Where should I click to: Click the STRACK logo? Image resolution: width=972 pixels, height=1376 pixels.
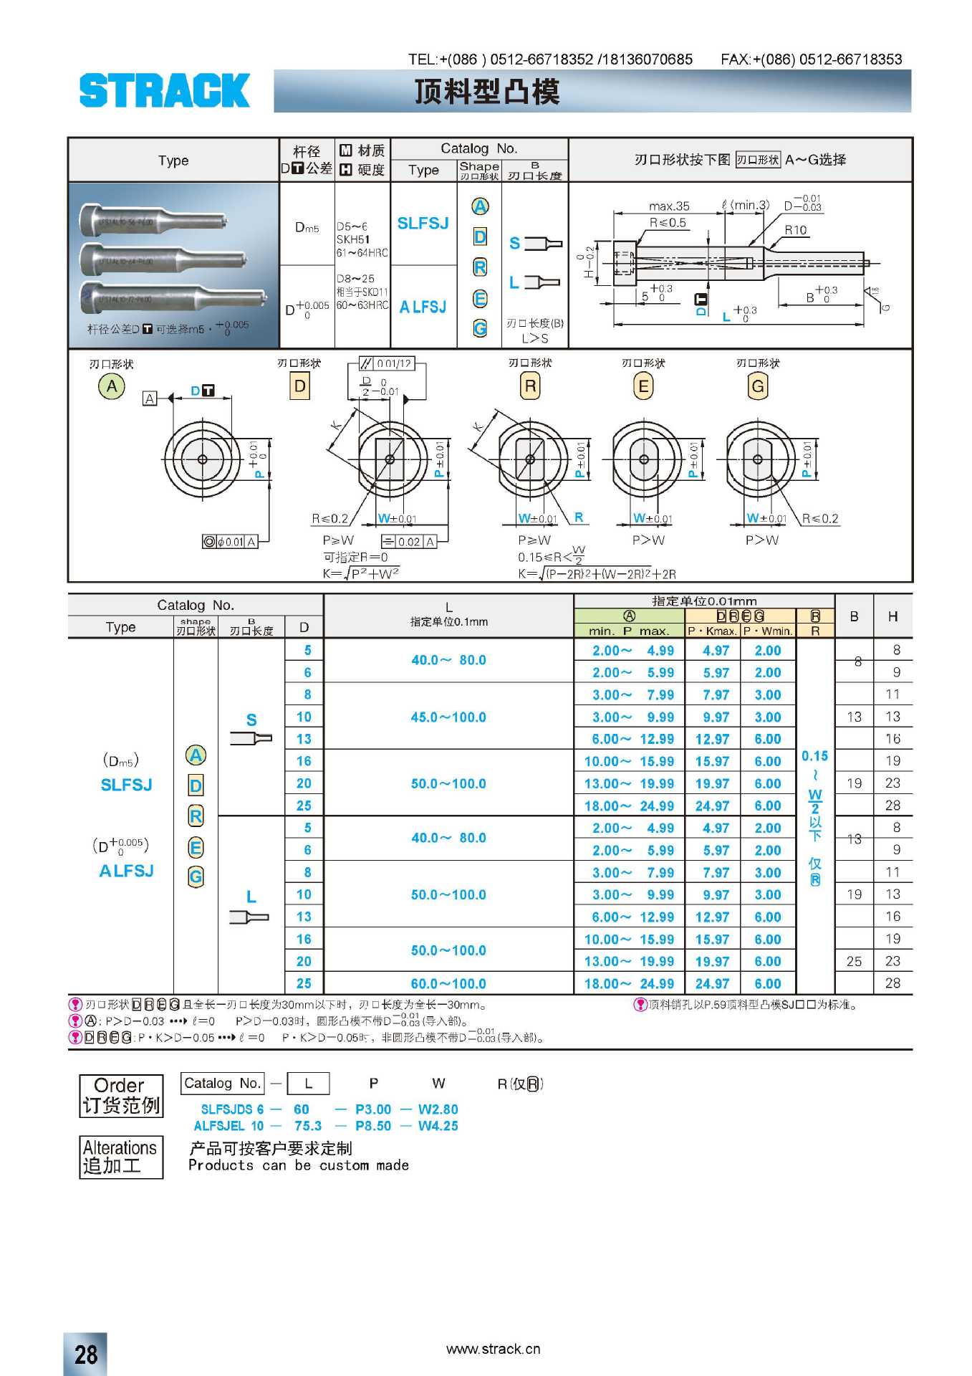(x=164, y=91)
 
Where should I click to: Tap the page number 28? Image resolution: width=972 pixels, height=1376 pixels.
(x=86, y=1354)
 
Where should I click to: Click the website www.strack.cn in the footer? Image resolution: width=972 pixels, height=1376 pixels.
(x=493, y=1349)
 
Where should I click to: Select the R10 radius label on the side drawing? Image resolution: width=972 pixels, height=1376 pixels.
(x=795, y=230)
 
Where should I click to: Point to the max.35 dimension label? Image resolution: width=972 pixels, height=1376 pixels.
(x=669, y=206)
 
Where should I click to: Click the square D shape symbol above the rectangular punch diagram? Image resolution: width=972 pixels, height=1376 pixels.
(x=300, y=387)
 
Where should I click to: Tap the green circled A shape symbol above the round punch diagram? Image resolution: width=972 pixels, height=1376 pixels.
(x=112, y=387)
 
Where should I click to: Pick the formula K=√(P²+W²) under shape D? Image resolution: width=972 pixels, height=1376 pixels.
(x=361, y=573)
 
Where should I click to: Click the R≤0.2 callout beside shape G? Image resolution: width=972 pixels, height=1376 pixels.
(x=820, y=518)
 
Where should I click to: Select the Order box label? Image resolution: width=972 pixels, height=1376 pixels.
(x=120, y=1095)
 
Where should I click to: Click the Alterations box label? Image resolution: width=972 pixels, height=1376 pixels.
(x=120, y=1157)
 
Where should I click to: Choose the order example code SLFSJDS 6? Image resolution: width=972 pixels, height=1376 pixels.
(x=232, y=1109)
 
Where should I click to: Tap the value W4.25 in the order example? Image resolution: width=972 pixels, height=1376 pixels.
(x=438, y=1126)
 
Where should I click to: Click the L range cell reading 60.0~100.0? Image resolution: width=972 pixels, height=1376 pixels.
(x=448, y=984)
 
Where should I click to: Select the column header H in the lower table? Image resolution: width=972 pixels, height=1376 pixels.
(x=892, y=616)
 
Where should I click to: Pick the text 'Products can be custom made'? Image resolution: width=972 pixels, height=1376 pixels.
(x=299, y=1165)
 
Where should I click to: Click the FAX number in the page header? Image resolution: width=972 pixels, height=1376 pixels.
(x=812, y=59)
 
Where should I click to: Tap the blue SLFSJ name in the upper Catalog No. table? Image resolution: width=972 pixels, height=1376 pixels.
(x=423, y=224)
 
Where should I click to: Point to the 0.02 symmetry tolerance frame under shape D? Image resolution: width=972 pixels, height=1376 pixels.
(x=409, y=542)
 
